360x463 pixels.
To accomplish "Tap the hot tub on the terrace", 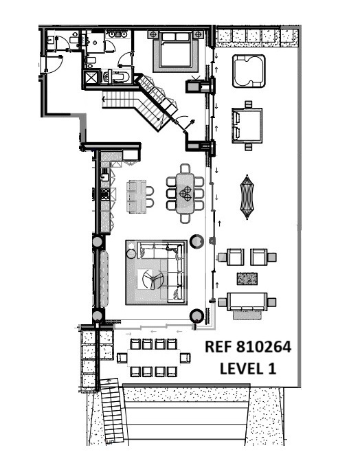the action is (x=249, y=71).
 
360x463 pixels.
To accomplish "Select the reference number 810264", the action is (x=264, y=347).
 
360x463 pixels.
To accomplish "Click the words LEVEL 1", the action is (x=248, y=368).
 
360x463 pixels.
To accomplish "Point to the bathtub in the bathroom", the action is (x=116, y=77).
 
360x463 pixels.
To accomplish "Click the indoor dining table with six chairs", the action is (x=185, y=193).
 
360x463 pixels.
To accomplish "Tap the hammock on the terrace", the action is (x=247, y=197).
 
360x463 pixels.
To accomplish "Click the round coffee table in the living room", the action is (x=153, y=278).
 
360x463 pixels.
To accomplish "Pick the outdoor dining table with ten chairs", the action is (x=154, y=358).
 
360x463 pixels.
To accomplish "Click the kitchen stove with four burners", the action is (x=105, y=194).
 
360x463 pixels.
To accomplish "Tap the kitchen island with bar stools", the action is (x=137, y=196).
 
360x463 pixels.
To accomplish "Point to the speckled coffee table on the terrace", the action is (x=247, y=279).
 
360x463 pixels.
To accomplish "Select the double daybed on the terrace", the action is (x=247, y=126).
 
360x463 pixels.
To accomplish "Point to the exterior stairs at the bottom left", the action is (x=112, y=411).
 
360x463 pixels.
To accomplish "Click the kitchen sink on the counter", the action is (x=105, y=177).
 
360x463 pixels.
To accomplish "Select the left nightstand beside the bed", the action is (x=153, y=35).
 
